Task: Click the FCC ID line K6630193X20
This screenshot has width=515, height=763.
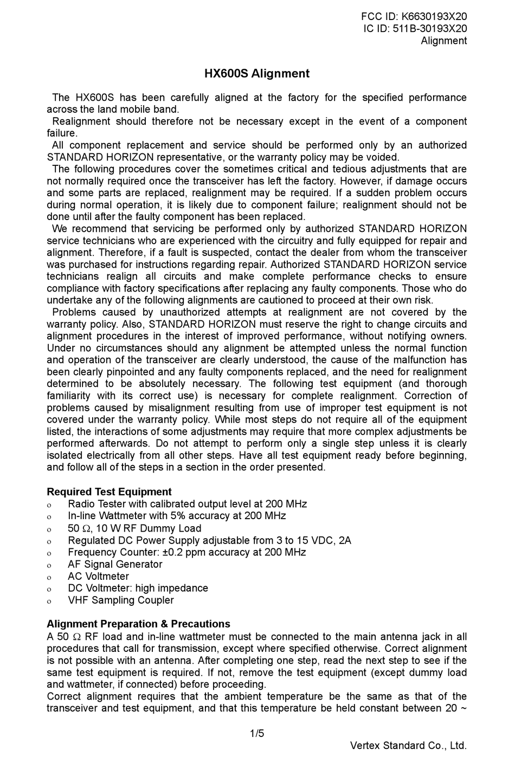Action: [414, 16]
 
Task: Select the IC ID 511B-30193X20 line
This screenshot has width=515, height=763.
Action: [415, 29]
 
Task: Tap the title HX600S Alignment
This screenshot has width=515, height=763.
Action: [257, 74]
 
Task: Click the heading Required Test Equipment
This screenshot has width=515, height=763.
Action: [109, 492]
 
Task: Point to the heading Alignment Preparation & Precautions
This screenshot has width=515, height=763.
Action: [138, 624]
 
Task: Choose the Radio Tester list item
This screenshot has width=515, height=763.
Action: [187, 504]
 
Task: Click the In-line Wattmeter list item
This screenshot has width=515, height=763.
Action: [177, 516]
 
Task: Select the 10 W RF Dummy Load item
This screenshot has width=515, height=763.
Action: [134, 528]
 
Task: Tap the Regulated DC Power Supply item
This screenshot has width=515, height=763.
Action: [209, 540]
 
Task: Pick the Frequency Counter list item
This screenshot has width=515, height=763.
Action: [186, 552]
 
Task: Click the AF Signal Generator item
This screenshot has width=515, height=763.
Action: [115, 564]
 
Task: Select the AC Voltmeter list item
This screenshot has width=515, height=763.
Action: [98, 576]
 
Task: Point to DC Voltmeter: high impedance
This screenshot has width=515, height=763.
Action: [138, 588]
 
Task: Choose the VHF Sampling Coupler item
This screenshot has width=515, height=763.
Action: [120, 600]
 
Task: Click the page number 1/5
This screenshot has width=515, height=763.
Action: [257, 734]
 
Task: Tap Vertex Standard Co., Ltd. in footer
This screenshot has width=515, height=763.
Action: [408, 746]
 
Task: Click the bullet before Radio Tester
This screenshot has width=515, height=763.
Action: [49, 505]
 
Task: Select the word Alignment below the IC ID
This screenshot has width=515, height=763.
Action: [443, 41]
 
